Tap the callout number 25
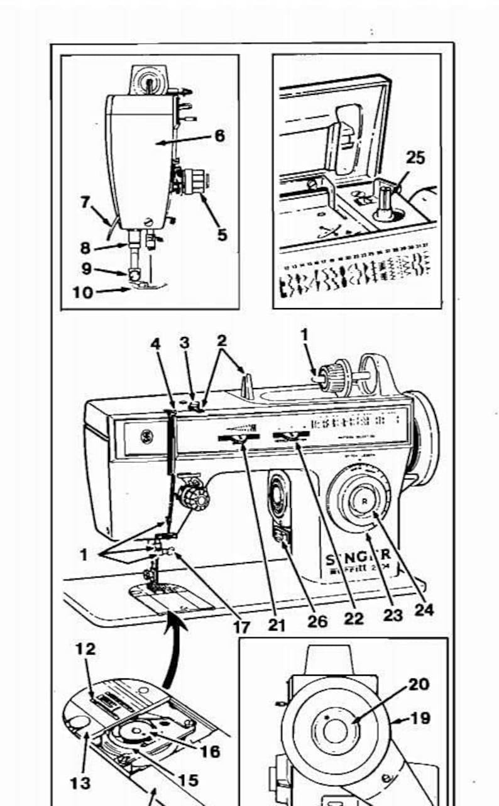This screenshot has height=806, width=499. point(415,158)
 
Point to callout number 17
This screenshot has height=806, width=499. point(241,626)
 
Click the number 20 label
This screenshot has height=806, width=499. point(419,683)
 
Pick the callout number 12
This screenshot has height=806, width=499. point(86,649)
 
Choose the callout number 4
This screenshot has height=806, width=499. point(155,344)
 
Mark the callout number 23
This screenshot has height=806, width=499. point(393,615)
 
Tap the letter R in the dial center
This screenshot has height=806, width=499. point(365,501)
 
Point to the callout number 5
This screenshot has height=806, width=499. point(222,235)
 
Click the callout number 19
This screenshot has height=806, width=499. point(420,717)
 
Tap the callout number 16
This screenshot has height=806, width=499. point(211,751)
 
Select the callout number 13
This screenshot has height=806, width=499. point(80,783)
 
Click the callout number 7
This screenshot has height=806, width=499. point(85,202)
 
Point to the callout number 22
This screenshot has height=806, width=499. point(354,619)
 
